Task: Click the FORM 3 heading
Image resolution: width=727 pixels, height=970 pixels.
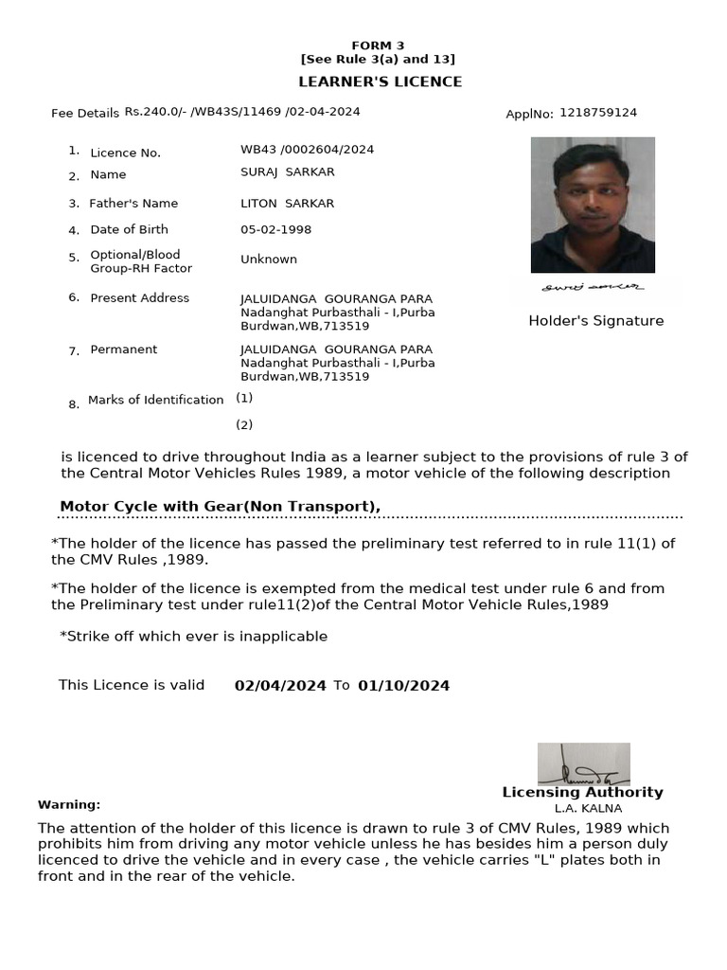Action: tap(378, 45)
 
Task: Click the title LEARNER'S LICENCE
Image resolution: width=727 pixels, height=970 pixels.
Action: tap(381, 82)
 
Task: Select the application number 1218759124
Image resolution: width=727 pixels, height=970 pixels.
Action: tap(598, 113)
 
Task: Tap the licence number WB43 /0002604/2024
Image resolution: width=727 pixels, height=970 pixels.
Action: tap(307, 150)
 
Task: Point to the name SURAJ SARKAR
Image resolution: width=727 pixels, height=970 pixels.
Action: tap(288, 172)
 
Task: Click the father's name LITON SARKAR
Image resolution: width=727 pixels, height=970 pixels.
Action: tap(287, 204)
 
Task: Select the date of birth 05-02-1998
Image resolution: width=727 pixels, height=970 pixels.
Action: tap(275, 230)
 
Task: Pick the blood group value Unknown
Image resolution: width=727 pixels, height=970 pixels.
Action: tap(269, 260)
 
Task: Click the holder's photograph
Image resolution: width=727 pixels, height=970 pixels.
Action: tap(593, 205)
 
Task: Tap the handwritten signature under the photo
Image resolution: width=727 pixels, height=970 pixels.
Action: tap(593, 286)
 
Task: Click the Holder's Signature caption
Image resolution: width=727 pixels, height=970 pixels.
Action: tap(595, 321)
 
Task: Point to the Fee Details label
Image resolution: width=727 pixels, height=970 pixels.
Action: tap(85, 114)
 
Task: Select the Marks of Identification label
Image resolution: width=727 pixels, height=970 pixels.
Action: tap(155, 401)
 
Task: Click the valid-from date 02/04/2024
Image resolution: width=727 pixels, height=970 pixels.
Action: tap(280, 686)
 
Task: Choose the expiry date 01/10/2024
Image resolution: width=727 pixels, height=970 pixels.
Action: tap(404, 686)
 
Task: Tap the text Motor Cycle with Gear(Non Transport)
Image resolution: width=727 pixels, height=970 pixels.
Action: tap(220, 507)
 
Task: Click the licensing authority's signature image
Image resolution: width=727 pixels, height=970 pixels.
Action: tap(583, 763)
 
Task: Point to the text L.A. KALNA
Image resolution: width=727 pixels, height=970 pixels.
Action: tap(588, 809)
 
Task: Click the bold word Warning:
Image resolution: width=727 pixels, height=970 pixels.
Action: tap(69, 805)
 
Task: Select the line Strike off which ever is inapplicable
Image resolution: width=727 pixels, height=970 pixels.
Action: tap(193, 637)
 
